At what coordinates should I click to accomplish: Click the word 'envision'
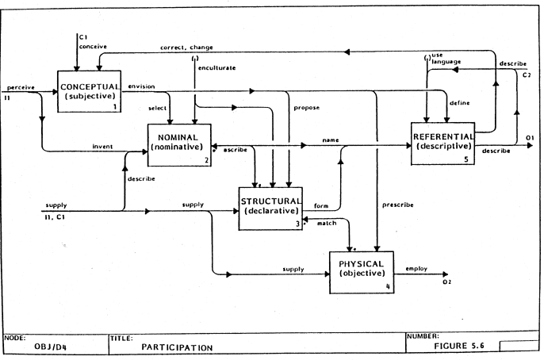pyautogui.click(x=142, y=86)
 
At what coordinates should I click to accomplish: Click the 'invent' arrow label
pyautogui.click(x=102, y=146)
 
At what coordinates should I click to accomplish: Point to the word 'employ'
pyautogui.click(x=416, y=269)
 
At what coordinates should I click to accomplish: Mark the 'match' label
pyautogui.click(x=327, y=224)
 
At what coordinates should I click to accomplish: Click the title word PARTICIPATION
pyautogui.click(x=177, y=347)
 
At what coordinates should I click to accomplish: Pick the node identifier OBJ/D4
pyautogui.click(x=49, y=347)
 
